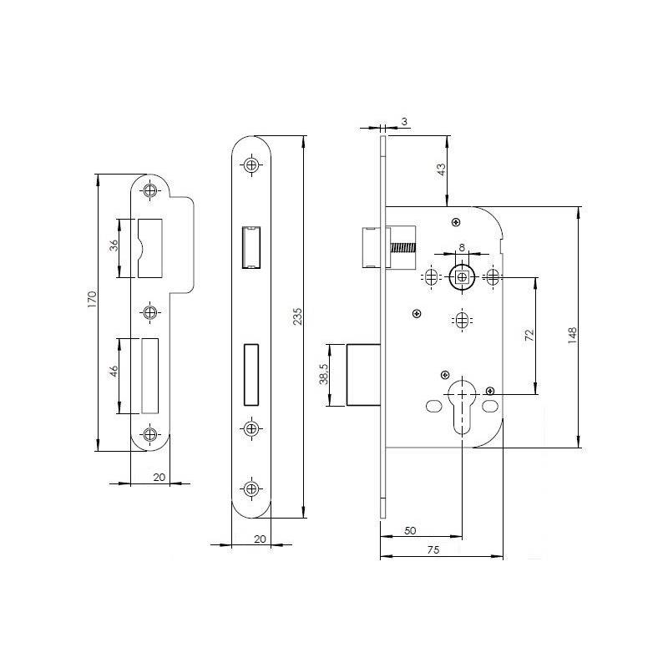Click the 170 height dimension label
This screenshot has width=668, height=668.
pyautogui.click(x=93, y=300)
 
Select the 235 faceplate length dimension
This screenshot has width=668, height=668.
pyautogui.click(x=297, y=316)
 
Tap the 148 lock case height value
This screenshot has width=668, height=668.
pyautogui.click(x=572, y=336)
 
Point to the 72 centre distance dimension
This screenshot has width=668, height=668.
pyautogui.click(x=529, y=335)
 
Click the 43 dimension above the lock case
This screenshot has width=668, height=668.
pyautogui.click(x=442, y=170)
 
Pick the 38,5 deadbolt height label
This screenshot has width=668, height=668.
pyautogui.click(x=324, y=374)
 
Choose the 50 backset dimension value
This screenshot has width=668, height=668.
pyautogui.click(x=410, y=530)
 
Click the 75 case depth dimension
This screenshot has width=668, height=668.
pyautogui.click(x=433, y=549)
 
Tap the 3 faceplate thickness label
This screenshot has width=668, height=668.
pyautogui.click(x=404, y=121)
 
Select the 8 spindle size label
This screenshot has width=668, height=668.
pyautogui.click(x=462, y=247)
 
